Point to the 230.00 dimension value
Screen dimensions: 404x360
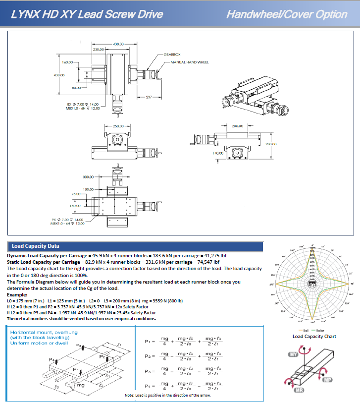click(99, 50)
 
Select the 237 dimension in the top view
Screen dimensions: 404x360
click(148, 97)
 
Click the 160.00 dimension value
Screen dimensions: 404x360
click(68, 62)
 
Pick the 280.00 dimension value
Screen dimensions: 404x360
click(271, 144)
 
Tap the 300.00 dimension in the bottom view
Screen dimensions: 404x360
click(88, 176)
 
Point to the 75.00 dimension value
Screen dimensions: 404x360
click(76, 194)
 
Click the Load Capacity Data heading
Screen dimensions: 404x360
click(36, 246)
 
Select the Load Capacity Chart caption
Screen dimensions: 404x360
click(315, 337)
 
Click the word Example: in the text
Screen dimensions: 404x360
click(17, 294)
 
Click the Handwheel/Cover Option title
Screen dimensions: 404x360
click(287, 14)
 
